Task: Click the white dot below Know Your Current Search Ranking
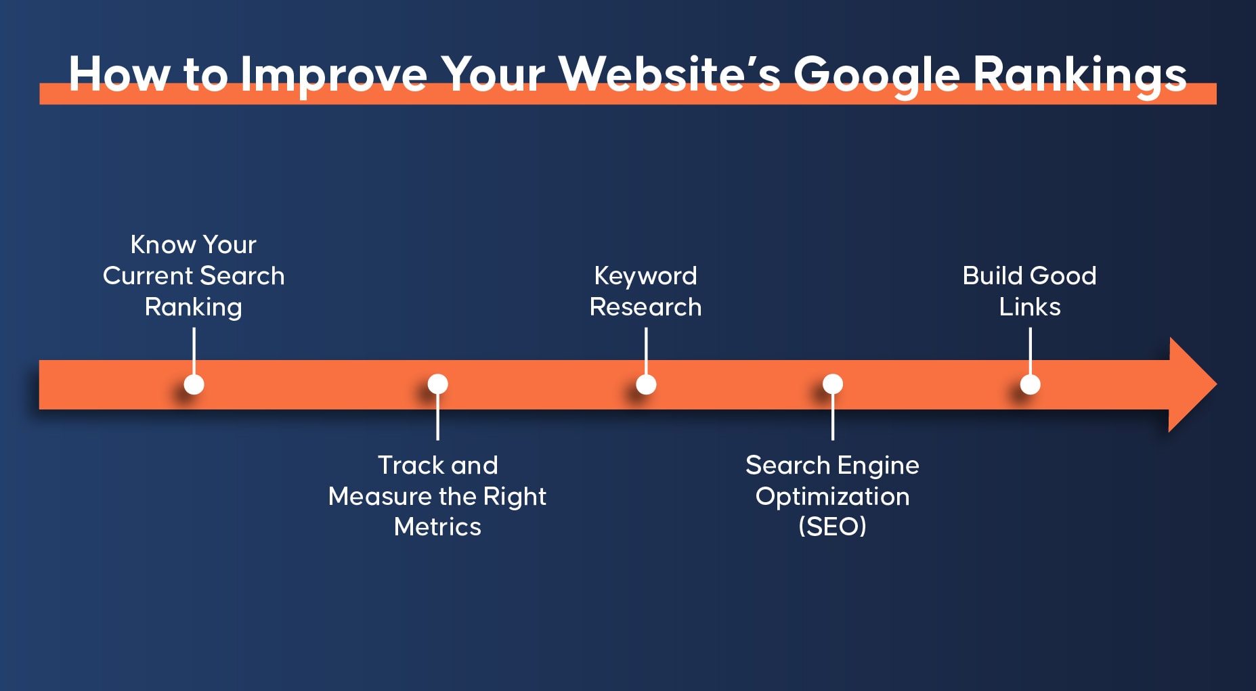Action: click(x=194, y=384)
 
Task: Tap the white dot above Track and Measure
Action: click(x=438, y=384)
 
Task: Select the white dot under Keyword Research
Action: click(x=646, y=384)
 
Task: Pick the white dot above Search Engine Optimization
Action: click(x=833, y=384)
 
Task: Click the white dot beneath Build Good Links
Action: click(x=1030, y=384)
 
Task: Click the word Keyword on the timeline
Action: click(x=645, y=277)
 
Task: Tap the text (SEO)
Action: click(x=832, y=527)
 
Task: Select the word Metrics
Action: click(x=437, y=527)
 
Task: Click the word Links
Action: click(x=1030, y=307)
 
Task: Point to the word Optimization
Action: click(x=832, y=497)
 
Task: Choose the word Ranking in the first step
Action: click(x=194, y=308)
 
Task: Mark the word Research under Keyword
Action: click(x=645, y=307)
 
